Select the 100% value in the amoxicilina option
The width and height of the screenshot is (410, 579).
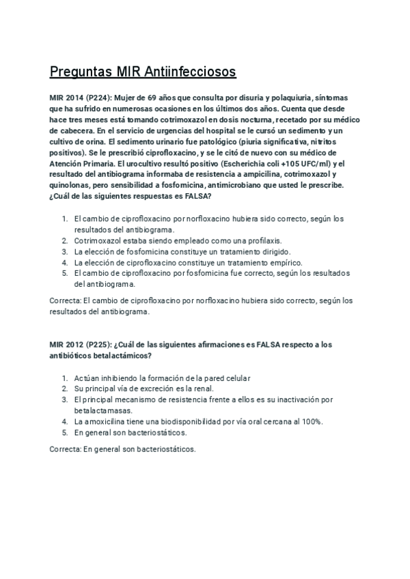click(x=311, y=421)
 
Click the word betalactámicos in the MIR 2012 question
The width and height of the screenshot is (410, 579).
click(x=115, y=355)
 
